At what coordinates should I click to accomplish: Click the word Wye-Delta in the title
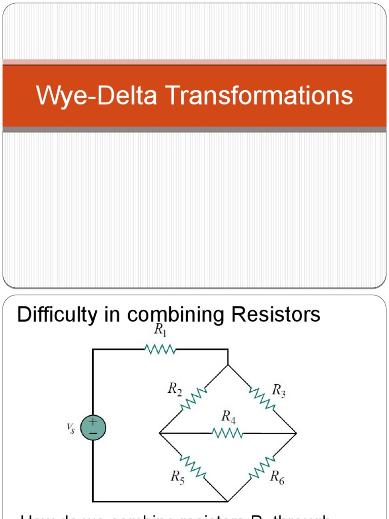click(96, 96)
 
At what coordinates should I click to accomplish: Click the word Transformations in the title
click(258, 96)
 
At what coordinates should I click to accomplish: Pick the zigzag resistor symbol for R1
click(161, 349)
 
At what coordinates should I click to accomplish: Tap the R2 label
click(175, 389)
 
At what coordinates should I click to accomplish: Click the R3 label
click(279, 390)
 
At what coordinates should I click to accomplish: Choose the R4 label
click(228, 417)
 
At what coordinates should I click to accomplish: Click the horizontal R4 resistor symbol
click(228, 433)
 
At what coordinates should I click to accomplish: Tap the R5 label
click(178, 476)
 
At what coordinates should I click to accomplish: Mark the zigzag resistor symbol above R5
click(193, 467)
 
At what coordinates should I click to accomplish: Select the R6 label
click(277, 476)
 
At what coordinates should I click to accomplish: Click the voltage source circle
click(93, 427)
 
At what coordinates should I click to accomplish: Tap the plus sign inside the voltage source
click(93, 422)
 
